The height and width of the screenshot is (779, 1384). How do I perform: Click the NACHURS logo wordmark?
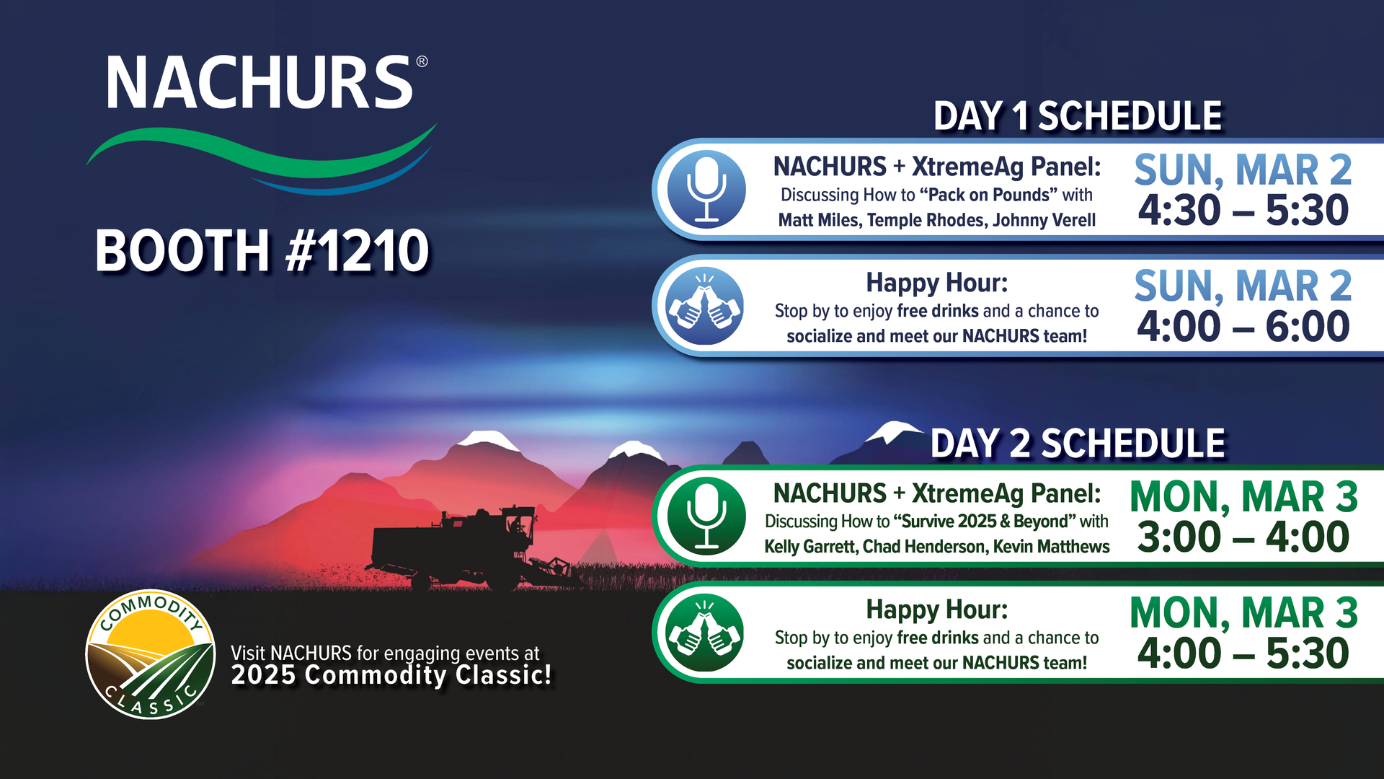point(259,82)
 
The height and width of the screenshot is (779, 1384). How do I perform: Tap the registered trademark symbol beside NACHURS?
point(422,61)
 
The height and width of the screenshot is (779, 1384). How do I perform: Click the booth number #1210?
point(358,250)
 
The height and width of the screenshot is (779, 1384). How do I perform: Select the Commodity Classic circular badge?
point(150,654)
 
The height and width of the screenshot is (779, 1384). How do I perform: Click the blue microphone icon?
point(706,189)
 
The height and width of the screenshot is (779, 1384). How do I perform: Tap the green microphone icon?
point(706,516)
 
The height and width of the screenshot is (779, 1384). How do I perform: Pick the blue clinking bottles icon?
point(705,306)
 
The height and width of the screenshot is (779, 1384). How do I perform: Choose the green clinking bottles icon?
point(705,633)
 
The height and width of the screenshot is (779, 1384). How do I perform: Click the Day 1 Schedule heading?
point(1078,116)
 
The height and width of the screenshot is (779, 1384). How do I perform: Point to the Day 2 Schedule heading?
point(1078,443)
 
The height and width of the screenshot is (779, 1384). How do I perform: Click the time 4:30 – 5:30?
point(1243,210)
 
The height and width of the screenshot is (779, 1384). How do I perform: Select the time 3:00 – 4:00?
point(1243,537)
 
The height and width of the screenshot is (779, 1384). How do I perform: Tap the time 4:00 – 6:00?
point(1243,326)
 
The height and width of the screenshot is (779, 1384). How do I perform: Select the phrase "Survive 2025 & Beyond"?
point(984,521)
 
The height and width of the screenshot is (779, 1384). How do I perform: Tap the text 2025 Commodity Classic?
point(391,675)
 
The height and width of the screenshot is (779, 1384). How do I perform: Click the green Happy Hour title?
point(937,609)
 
